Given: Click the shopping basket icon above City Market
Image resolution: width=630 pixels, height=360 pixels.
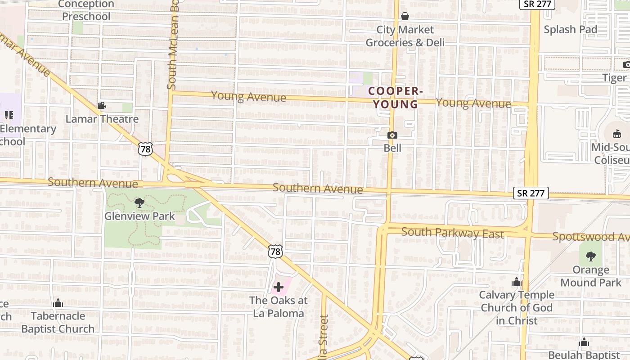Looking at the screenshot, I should (405, 17).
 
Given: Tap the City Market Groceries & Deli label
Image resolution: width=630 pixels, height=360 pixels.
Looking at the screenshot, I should (405, 36).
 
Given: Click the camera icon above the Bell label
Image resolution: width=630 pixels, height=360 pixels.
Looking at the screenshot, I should (392, 135).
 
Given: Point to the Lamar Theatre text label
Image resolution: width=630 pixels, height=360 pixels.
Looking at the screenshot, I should (102, 119).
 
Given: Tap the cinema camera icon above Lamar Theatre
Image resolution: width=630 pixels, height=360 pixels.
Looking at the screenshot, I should (102, 106).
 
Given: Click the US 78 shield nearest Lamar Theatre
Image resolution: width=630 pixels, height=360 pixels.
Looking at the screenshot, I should (145, 149).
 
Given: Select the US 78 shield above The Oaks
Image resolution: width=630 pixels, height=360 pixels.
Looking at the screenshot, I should (275, 252).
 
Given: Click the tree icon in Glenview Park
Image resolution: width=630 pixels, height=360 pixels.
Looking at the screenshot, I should (139, 203).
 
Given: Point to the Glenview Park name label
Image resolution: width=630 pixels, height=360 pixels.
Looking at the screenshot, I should (139, 216).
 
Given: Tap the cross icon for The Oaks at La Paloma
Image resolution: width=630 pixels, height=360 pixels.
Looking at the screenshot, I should (279, 287).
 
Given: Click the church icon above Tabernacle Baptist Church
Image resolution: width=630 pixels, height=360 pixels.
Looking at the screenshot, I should (58, 303).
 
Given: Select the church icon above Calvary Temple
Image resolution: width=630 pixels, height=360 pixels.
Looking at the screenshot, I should (517, 282).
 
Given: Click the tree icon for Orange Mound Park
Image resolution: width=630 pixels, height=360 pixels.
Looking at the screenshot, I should (591, 256).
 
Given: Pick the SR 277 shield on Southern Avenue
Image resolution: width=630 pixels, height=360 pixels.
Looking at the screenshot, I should (531, 193).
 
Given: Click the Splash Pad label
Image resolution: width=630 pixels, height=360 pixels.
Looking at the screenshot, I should (570, 30).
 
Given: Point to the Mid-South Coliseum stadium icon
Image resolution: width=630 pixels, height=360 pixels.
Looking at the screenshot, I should (617, 134).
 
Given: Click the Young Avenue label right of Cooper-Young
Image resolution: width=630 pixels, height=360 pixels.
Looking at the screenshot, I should (473, 103).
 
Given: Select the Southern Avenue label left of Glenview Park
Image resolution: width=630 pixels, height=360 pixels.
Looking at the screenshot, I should (93, 183).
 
